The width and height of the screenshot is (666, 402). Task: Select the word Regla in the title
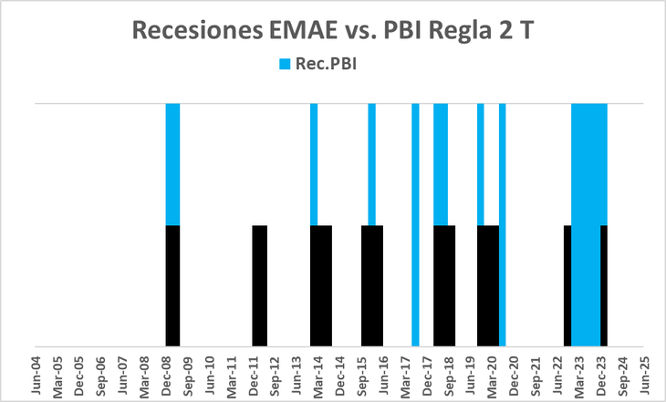click(461, 29)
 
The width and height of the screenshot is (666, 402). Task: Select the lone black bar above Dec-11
click(260, 285)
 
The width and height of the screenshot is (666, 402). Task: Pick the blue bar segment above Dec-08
click(172, 164)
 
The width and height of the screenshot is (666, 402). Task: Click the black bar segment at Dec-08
click(172, 285)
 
